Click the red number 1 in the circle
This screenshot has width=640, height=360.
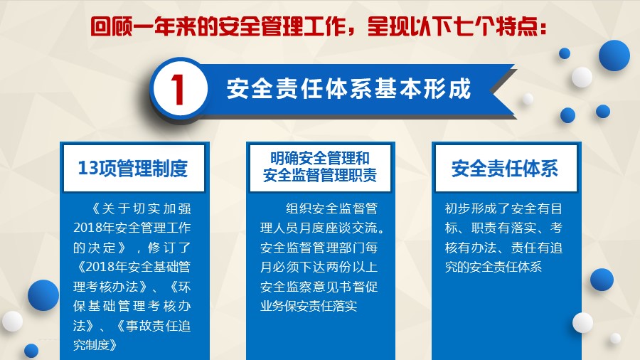[178, 90]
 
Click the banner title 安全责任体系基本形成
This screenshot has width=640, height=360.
[349, 88]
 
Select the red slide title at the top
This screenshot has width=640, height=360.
[319, 26]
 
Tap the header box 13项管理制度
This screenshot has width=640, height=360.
[134, 168]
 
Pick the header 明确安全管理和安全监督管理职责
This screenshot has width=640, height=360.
[320, 167]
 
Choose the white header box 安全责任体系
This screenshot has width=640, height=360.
[506, 168]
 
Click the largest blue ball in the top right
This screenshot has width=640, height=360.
[614, 55]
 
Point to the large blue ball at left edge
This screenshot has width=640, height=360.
[43, 295]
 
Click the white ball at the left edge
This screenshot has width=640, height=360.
[12, 321]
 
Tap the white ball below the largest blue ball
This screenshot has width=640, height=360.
[582, 77]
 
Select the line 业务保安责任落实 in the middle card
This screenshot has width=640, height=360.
[309, 306]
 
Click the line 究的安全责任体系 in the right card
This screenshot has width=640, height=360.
[494, 267]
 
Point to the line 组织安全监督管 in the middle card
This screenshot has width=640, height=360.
[331, 208]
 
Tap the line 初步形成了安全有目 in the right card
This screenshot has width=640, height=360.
[503, 208]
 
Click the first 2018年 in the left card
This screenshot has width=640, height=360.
[93, 228]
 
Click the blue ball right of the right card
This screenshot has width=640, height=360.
[602, 280]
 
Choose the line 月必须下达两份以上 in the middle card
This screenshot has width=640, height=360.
[319, 267]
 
